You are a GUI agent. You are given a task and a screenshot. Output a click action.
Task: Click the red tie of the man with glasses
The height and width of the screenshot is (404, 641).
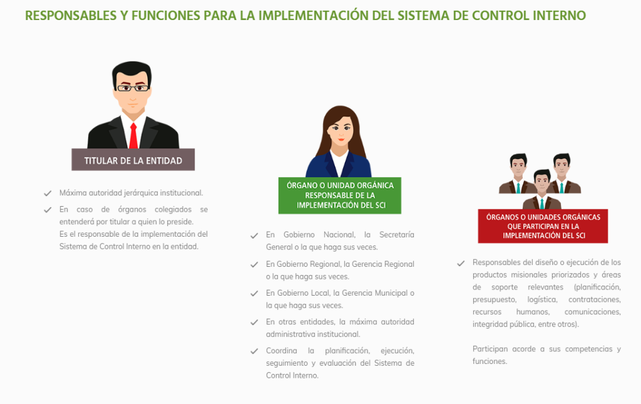click(133, 136)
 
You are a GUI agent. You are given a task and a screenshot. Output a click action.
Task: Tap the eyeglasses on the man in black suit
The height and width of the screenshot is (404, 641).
click(133, 88)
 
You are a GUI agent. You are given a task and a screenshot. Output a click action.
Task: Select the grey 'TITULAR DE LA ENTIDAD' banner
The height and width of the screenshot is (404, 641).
click(133, 160)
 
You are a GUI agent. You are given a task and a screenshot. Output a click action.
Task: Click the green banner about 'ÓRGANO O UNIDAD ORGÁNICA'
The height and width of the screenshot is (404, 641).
click(340, 195)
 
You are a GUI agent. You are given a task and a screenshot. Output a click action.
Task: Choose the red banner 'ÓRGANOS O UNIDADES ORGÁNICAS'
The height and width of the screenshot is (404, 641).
click(543, 226)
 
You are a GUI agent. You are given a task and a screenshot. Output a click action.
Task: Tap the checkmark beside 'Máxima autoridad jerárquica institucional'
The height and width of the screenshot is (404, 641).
click(48, 193)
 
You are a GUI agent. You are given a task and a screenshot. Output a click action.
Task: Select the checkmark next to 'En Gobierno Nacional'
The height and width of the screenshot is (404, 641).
click(254, 236)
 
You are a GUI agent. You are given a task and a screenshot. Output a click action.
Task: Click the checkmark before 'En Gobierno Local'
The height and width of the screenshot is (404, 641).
click(254, 294)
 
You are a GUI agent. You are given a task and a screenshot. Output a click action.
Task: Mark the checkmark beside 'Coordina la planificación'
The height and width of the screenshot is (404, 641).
click(254, 351)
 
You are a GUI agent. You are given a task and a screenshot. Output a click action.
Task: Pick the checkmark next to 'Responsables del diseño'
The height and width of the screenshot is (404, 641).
click(461, 263)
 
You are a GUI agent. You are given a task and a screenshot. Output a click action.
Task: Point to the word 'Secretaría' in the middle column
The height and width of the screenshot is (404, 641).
click(396, 235)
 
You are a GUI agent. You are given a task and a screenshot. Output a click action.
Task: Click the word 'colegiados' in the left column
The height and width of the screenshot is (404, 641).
click(173, 209)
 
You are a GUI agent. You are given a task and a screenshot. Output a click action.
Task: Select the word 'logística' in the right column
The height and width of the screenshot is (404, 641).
click(542, 300)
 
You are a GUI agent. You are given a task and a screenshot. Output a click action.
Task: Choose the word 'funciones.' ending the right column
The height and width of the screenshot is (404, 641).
click(490, 361)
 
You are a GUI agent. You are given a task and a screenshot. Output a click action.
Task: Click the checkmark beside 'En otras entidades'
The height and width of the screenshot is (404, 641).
click(254, 323)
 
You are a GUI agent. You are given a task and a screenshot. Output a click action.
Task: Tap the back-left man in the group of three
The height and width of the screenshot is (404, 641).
click(518, 174)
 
